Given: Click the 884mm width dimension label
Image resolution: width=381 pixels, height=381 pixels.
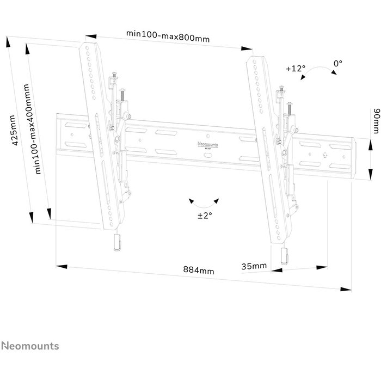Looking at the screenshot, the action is point(199,270).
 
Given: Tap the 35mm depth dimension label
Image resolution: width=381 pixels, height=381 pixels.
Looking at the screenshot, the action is point(254,266).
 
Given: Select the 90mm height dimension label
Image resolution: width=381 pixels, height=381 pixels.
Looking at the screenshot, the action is point(376,121).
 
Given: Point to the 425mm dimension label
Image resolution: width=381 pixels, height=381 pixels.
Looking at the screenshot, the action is point(15,131).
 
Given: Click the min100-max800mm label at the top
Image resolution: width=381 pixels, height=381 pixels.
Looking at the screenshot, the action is point(168,36).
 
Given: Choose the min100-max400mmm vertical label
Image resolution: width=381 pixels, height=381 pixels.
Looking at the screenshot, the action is point(32,129).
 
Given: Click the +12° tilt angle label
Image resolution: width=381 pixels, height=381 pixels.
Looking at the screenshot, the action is point(296,68).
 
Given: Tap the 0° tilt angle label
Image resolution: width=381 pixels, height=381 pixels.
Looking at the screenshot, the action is point(338,64).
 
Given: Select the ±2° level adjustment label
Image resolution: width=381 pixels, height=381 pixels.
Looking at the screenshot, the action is point(205,215).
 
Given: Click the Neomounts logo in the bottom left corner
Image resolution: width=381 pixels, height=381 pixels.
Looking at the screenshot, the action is point(30,346).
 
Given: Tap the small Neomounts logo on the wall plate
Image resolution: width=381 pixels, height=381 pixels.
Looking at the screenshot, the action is point(207,145).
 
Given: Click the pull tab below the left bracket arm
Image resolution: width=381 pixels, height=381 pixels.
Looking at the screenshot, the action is point(117,242).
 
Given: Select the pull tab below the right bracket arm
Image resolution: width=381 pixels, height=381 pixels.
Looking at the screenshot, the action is point(285,256).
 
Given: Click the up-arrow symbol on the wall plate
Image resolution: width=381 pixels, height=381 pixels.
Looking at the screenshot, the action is point(325,155).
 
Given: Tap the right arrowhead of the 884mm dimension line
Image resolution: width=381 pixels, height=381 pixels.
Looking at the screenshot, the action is point(346,289).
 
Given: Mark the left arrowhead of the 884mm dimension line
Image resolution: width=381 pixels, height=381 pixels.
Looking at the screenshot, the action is point(62,267).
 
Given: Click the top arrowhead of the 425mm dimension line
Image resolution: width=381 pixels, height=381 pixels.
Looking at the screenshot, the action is point(9,42).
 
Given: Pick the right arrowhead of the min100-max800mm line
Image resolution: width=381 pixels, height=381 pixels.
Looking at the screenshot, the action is point(247,48).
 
